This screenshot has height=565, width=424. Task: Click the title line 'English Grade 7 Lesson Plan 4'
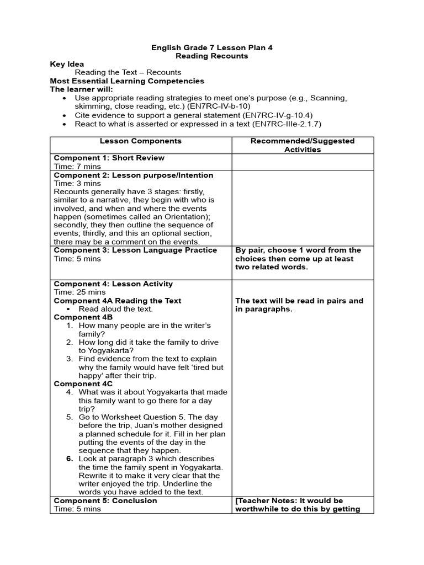pos(212,48)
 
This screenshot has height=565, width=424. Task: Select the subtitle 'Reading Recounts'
pos(212,56)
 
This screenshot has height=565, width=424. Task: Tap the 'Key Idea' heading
pos(67,65)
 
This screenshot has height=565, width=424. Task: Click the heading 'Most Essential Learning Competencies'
pos(127,81)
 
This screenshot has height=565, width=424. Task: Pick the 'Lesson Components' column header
pos(141,141)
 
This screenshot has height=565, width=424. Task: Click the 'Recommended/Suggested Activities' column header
pos(302,145)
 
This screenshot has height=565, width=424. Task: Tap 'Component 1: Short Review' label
pos(109,158)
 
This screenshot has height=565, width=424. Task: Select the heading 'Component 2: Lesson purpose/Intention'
pos(133,175)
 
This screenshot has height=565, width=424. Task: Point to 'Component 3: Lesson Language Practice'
pos(135,250)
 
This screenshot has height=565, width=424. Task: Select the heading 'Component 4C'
pos(83,383)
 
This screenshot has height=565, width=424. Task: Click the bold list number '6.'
pos(70,459)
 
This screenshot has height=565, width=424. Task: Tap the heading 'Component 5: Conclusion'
pos(105,501)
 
